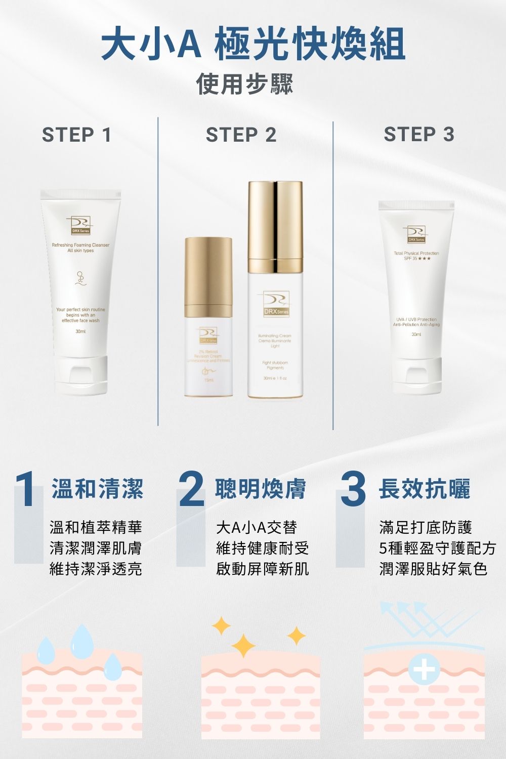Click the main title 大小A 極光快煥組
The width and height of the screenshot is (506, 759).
[253, 45]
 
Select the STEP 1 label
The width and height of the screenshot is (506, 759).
[76, 135]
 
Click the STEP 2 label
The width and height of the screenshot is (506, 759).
[241, 135]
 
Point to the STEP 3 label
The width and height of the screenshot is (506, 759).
[419, 135]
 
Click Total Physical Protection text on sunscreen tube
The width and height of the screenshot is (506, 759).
[416, 253]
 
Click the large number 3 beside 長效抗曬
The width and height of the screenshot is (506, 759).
[353, 490]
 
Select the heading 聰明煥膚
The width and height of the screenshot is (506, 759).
[261, 489]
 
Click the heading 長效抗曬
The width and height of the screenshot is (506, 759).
[425, 489]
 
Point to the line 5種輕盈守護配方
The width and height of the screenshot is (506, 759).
[438, 548]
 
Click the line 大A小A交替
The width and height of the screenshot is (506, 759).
[256, 527]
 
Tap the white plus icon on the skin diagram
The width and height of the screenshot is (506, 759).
[424, 670]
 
